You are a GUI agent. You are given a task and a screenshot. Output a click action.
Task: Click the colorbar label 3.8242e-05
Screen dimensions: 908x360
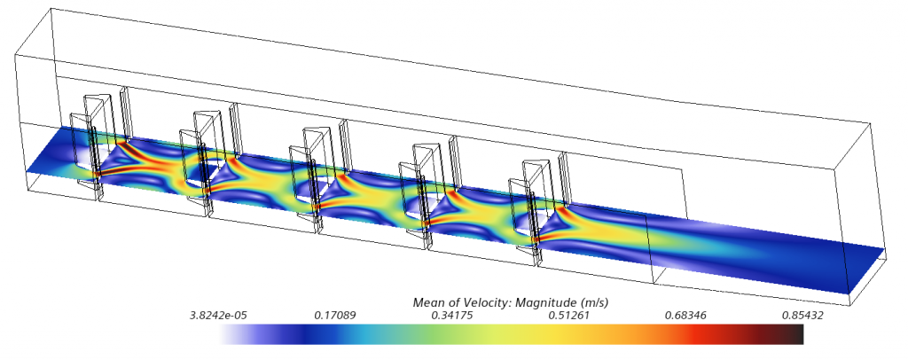[x=215, y=316]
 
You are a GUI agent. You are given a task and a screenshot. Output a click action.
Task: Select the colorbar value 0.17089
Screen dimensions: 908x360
[x=334, y=316]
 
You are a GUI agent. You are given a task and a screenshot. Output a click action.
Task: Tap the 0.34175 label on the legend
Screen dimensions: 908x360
[x=451, y=316]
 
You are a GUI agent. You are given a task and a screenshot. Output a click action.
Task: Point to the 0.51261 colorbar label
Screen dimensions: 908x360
[x=568, y=316]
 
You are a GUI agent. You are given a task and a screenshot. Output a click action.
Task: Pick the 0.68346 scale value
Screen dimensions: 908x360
[x=685, y=316]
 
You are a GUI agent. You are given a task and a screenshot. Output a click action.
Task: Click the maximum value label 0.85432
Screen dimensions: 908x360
[x=802, y=316]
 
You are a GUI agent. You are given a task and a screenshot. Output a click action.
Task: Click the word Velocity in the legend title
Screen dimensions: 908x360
[x=487, y=302]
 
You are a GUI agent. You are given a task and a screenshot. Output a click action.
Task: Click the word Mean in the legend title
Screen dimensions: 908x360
[x=426, y=302]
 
